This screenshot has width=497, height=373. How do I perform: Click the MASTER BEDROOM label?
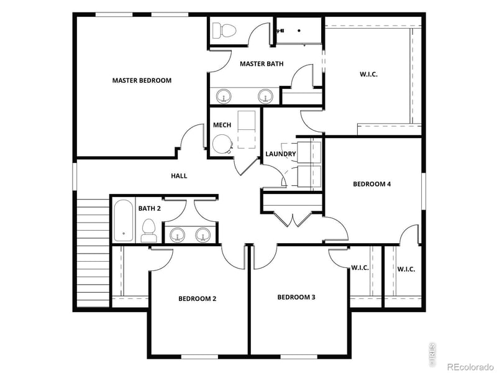tap(142, 80)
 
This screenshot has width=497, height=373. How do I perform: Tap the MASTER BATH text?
tap(262, 63)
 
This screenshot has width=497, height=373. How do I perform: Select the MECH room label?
tap(222, 125)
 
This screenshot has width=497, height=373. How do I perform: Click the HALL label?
tap(179, 176)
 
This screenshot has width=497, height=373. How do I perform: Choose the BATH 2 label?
tap(149, 208)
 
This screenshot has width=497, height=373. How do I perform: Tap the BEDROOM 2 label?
tap(197, 298)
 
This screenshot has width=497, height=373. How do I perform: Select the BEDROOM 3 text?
tap(296, 297)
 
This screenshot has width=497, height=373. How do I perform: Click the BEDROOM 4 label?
tap(372, 183)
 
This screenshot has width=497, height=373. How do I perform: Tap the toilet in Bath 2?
tap(148, 230)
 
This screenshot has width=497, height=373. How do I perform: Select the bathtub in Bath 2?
tap(123, 221)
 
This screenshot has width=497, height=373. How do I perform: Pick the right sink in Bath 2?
tap(203, 234)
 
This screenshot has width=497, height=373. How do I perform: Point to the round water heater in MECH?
tap(221, 144)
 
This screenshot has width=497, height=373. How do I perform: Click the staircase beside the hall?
tap(92, 255)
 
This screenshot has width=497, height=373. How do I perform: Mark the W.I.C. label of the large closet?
tap(368, 74)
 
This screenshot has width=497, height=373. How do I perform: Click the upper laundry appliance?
tap(309, 152)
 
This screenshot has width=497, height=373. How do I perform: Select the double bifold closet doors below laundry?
tap(292, 218)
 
